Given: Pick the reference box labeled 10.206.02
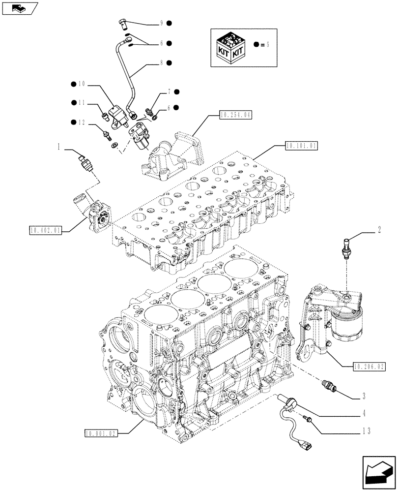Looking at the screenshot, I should click(x=370, y=366).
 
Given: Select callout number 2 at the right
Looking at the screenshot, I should click(x=380, y=228).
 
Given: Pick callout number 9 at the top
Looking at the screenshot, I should click(x=160, y=23).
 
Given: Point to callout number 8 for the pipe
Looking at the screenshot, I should click(x=160, y=63).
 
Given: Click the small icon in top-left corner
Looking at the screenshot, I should click(x=18, y=7).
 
